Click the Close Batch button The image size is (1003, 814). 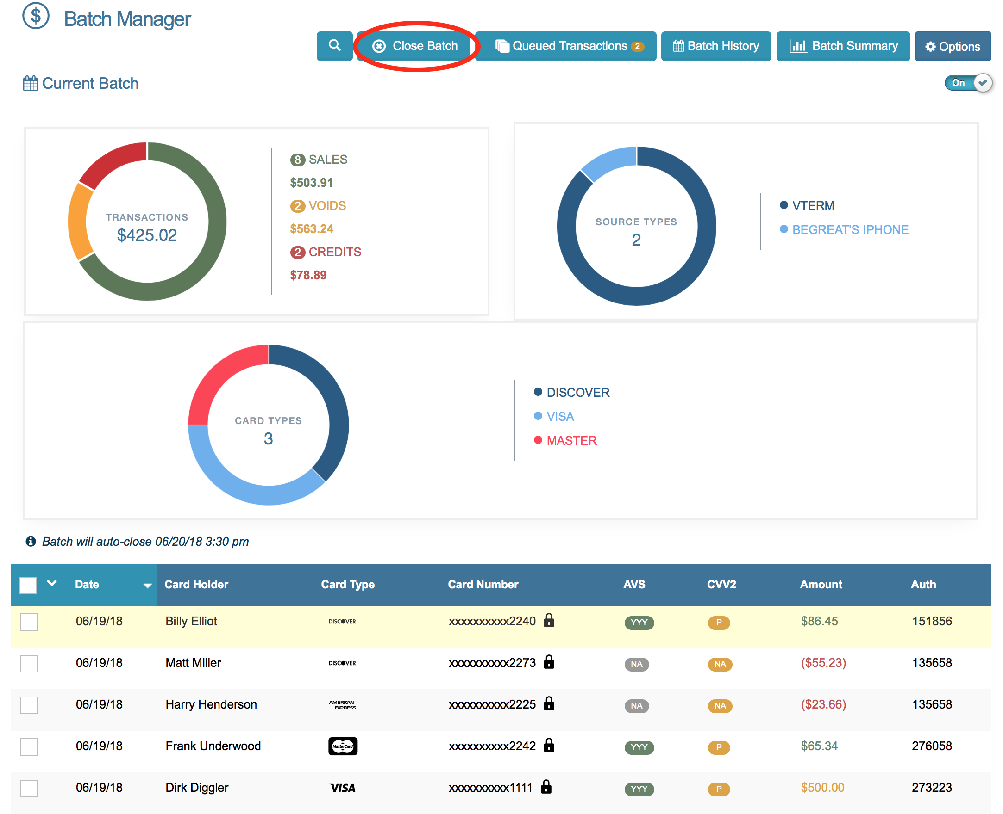point(415,46)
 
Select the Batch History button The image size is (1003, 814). point(715,46)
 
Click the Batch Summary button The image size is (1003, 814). point(842,46)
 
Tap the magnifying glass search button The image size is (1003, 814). point(334,45)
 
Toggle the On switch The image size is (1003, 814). point(968,83)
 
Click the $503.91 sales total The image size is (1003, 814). point(311,182)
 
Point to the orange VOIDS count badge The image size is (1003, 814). point(297,206)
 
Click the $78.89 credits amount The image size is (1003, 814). point(308,275)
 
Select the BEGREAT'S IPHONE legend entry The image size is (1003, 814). point(850,230)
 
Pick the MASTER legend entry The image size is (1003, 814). point(571,441)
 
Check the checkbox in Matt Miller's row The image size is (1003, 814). point(29,663)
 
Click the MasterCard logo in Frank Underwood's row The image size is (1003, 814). point(343,746)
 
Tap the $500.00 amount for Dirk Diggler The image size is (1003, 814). point(822,788)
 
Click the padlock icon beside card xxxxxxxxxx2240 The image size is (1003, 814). point(549,620)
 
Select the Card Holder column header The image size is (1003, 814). point(196,584)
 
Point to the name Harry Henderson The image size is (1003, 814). point(211,704)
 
